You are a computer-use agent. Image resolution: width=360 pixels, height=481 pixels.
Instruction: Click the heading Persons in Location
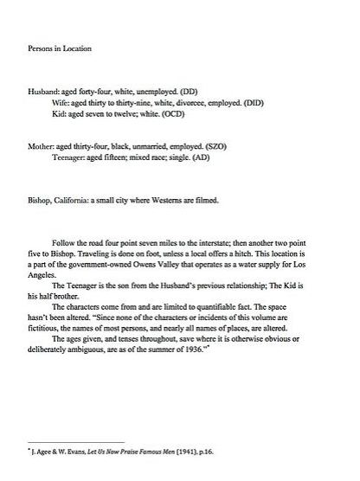click(60, 49)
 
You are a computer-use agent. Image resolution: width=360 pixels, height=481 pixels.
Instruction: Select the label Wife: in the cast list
click(63, 102)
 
